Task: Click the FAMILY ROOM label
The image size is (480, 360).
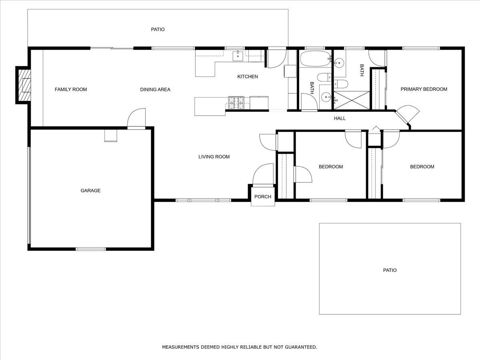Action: [x=70, y=89]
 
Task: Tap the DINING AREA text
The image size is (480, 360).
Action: [x=155, y=89]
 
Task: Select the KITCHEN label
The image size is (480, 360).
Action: [x=248, y=76]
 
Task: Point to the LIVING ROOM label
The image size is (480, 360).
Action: [x=214, y=157]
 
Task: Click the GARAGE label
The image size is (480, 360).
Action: [x=90, y=190]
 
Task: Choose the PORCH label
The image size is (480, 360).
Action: [x=263, y=196]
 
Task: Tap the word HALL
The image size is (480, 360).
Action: [x=340, y=118]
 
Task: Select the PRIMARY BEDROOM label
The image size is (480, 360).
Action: [x=424, y=89]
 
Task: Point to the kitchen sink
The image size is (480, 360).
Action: [x=238, y=56]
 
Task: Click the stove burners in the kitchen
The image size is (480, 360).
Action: [x=236, y=102]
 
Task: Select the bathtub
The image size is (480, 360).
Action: [x=315, y=59]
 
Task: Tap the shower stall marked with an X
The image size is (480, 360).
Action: [x=352, y=100]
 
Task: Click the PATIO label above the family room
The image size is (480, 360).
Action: [x=158, y=30]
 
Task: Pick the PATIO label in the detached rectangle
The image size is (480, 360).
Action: [x=390, y=270]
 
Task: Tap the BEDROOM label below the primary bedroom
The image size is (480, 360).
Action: [x=422, y=167]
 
